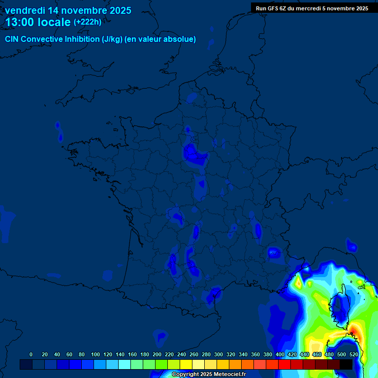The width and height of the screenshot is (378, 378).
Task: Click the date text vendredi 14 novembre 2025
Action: click(68, 10)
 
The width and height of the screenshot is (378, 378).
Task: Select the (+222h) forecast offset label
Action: click(88, 22)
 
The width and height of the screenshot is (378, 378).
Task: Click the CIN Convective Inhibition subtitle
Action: click(100, 39)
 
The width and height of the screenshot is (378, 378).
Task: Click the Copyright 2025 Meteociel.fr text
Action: click(209, 375)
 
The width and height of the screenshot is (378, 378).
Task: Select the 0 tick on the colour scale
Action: click(31, 354)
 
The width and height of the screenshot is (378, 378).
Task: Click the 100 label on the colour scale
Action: click(95, 354)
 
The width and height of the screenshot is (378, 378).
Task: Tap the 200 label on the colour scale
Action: click(157, 354)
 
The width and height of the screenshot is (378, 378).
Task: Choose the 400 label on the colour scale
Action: click(280, 354)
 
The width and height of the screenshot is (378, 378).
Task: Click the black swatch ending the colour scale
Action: click(346, 365)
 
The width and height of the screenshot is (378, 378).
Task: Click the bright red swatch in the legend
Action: click(284, 365)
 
